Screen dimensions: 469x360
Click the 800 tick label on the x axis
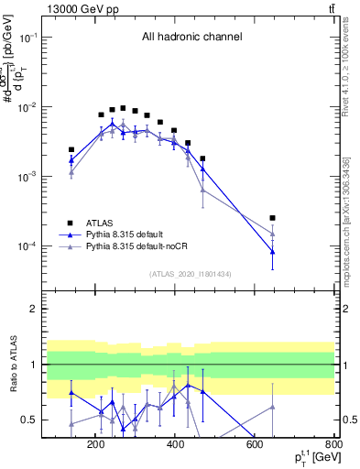pos(333,446)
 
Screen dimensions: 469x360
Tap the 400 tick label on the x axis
pos(174,446)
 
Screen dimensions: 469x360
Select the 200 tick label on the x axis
pos(95,446)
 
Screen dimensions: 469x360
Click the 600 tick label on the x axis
pos(254,446)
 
